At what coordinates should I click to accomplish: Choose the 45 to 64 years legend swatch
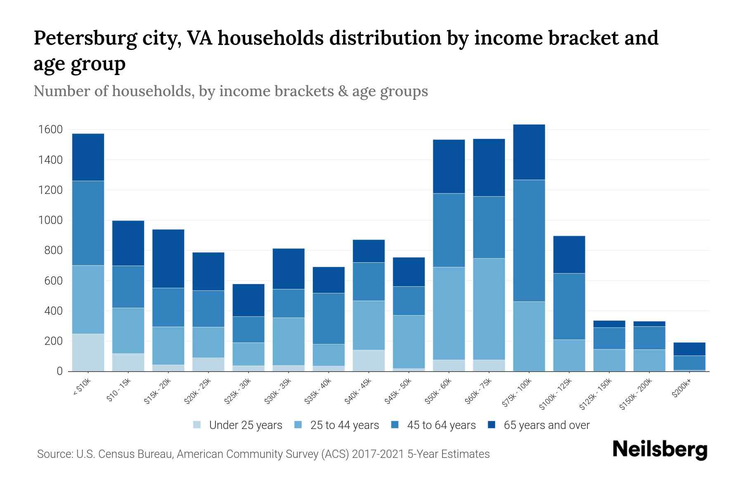pyautogui.click(x=395, y=425)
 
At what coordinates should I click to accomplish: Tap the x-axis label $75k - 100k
pyautogui.click(x=518, y=394)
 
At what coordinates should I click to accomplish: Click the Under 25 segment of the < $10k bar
pyautogui.click(x=88, y=352)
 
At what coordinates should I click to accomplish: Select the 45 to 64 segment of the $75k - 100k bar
pyautogui.click(x=529, y=240)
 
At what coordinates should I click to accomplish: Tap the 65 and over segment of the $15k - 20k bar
pyautogui.click(x=168, y=258)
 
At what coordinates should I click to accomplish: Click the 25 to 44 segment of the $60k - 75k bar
pyautogui.click(x=489, y=309)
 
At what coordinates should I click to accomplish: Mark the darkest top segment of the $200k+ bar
pyautogui.click(x=689, y=349)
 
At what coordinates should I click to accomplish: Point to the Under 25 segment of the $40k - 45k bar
pyautogui.click(x=369, y=360)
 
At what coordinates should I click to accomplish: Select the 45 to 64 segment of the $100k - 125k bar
pyautogui.click(x=569, y=306)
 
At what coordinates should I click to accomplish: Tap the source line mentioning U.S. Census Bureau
pyautogui.click(x=263, y=454)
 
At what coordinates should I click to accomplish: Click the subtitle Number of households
pyautogui.click(x=230, y=91)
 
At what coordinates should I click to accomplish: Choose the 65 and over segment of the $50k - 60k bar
pyautogui.click(x=449, y=166)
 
